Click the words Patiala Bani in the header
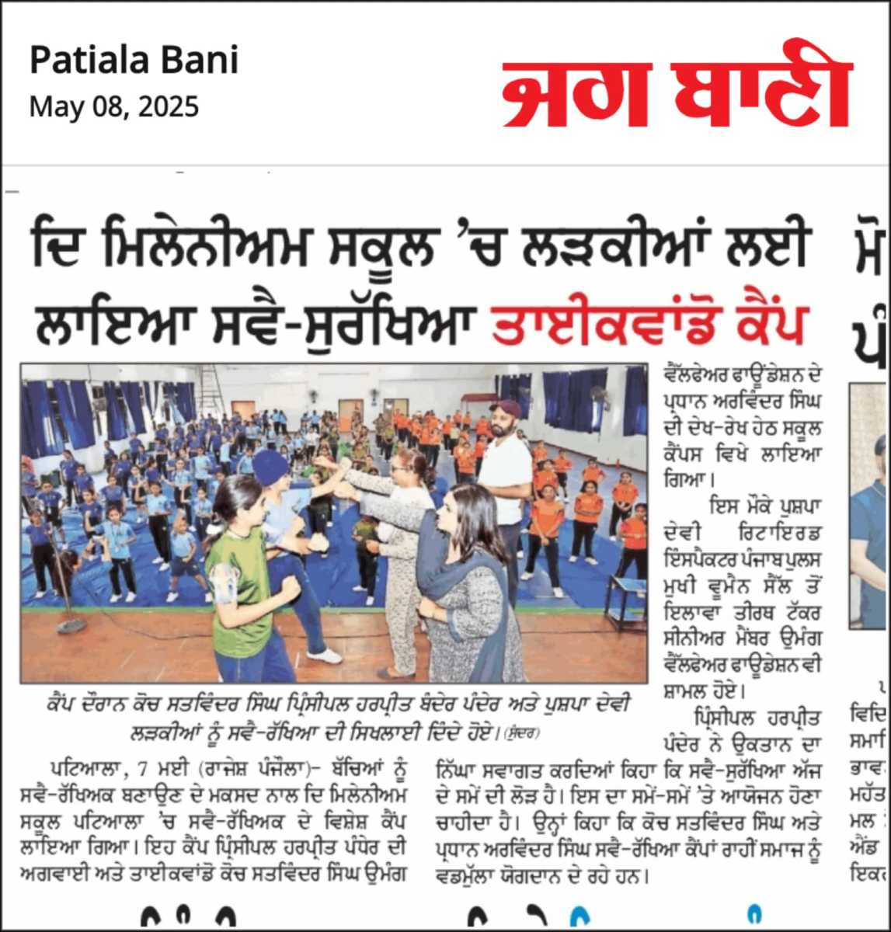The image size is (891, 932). click(x=134, y=61)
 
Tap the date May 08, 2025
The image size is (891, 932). click(x=113, y=106)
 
